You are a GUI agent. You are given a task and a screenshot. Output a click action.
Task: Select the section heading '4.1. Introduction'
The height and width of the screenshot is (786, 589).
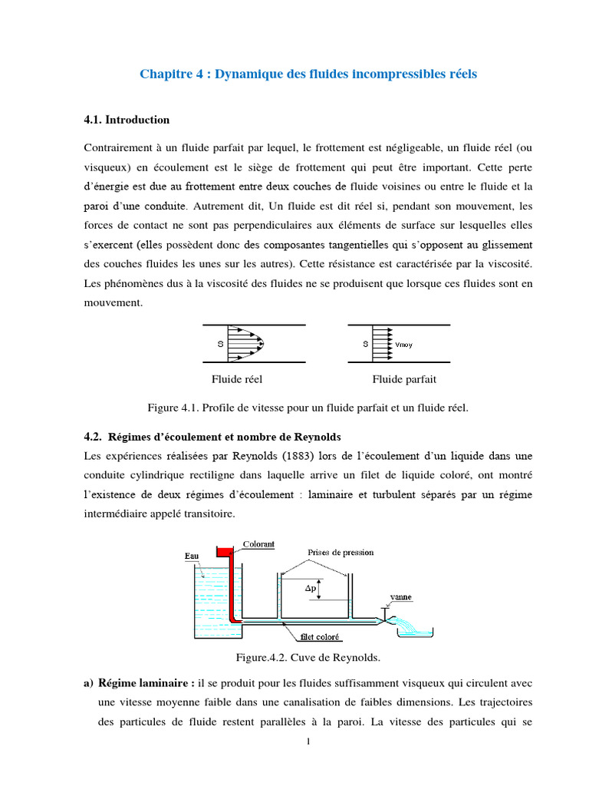coord(126,121)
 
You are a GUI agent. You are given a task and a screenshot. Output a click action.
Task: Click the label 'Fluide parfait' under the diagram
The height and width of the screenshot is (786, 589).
coord(404,379)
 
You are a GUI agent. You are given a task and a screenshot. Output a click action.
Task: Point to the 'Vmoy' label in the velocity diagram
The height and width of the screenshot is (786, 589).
coord(403,345)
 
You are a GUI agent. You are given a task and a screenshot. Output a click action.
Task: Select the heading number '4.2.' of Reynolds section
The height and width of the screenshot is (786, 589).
coord(92,437)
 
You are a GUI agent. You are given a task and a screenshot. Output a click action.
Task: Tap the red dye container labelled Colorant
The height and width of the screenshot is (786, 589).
coord(225,551)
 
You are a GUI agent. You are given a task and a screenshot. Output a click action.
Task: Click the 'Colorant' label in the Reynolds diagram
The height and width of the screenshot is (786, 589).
coord(258,544)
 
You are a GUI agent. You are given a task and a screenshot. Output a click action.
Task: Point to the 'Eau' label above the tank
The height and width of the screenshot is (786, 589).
coord(192,555)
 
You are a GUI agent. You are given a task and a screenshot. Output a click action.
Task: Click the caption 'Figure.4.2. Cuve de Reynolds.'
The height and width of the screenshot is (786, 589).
coord(294,659)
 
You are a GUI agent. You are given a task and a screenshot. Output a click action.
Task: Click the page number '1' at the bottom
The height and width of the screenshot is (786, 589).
coord(308,741)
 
